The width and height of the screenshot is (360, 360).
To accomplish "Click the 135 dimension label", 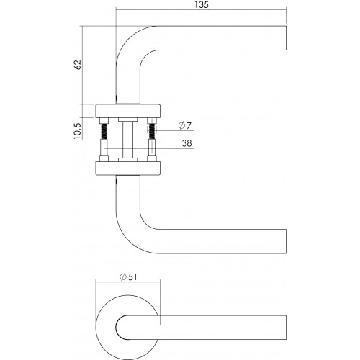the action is click(202, 5).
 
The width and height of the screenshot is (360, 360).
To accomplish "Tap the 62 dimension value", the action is click(78, 65).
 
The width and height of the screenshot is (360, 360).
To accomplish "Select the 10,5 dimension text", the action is click(78, 131).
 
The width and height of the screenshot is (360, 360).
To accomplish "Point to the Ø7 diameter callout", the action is click(185, 125).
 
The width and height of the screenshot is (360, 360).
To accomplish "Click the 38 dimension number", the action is click(186, 143).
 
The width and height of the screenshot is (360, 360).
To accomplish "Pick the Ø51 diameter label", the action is click(128, 277).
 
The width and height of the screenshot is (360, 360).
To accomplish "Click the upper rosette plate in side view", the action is click(127, 111).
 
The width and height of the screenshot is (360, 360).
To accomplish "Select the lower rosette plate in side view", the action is click(127, 168).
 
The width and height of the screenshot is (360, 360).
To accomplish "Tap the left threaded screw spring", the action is click(104, 131).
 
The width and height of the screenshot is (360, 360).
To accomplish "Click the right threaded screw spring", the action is click(152, 131).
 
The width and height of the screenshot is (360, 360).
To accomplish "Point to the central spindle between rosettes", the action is click(127, 140).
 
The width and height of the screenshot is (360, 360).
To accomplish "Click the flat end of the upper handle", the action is click(286, 38).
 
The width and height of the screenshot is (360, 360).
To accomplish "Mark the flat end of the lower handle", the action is click(286, 241).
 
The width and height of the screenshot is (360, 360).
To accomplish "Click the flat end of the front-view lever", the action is click(286, 328).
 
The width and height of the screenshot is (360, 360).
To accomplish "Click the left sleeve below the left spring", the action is click(104, 148).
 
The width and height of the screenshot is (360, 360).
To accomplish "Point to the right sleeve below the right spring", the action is click(152, 148).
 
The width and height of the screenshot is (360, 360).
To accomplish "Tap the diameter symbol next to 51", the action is click(123, 277).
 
